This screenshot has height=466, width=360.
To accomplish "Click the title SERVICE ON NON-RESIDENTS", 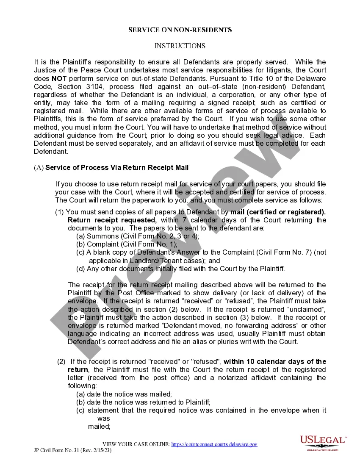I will pos(180,30).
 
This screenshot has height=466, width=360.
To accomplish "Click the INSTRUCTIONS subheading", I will pos(180,46).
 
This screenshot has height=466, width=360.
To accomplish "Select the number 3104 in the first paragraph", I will pos(87,86).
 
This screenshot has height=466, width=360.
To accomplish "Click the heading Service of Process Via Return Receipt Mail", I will pos(117,167).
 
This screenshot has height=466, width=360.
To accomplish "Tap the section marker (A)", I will pos(39,167).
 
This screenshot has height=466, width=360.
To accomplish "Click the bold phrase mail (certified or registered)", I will pos(278,212).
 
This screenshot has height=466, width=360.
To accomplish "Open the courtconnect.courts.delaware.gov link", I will pos(214,444).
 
